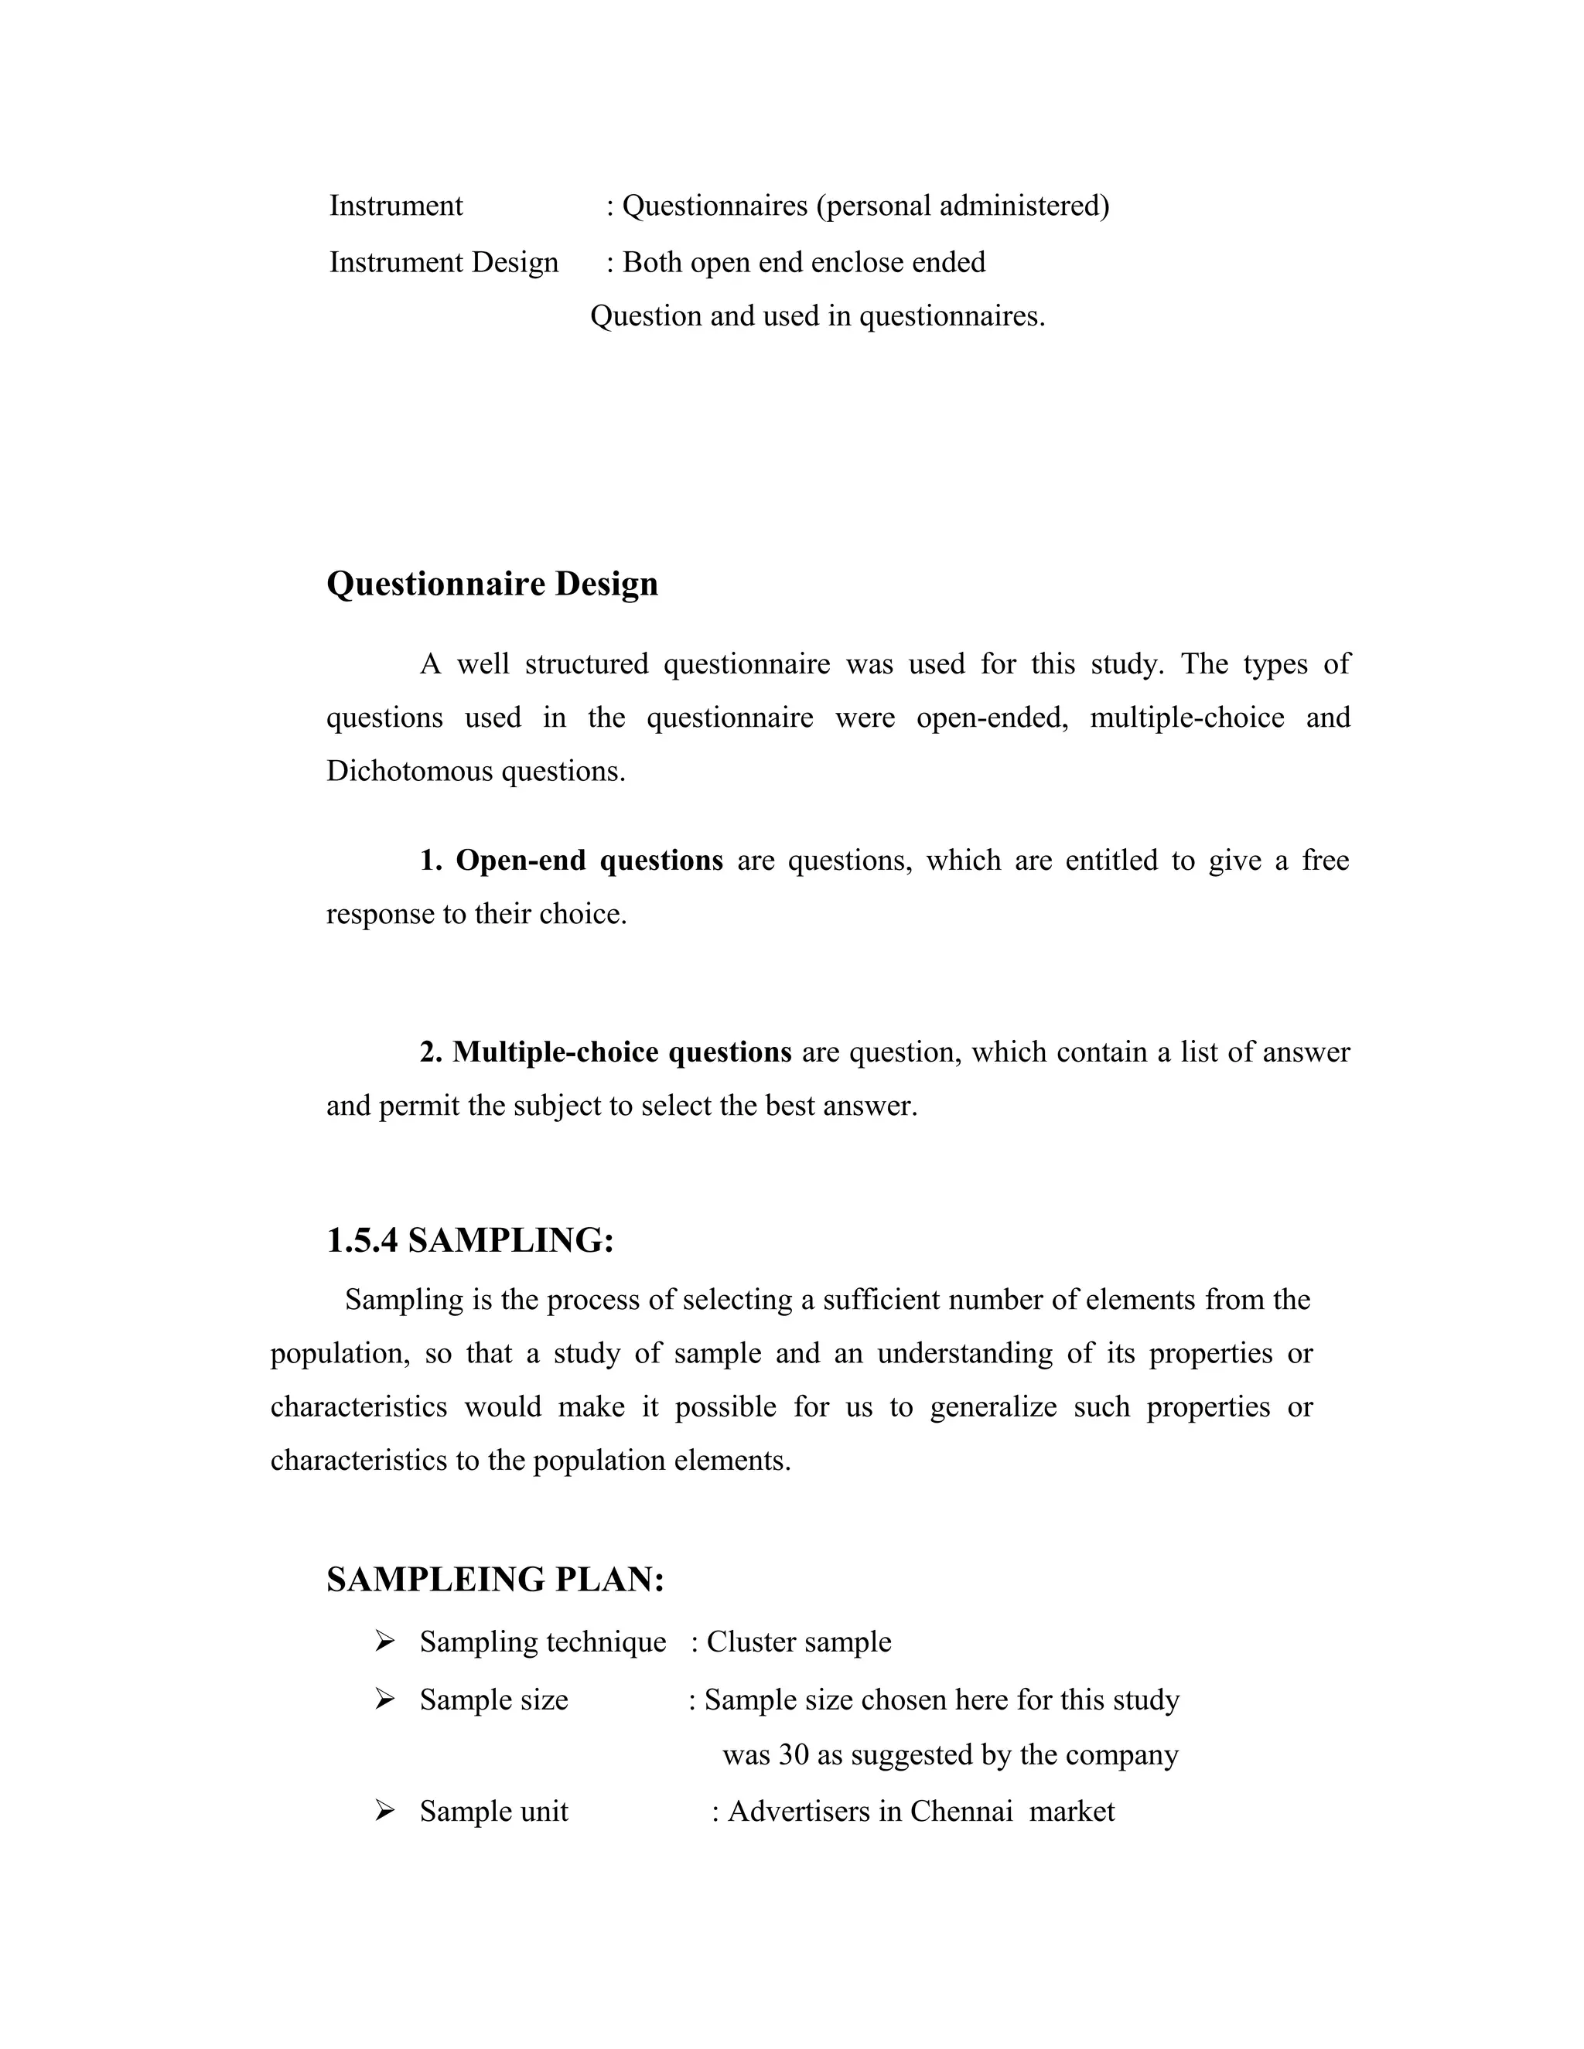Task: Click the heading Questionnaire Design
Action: click(492, 584)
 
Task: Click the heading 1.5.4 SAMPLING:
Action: click(470, 1240)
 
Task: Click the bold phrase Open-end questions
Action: click(589, 861)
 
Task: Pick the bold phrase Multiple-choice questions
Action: click(621, 1052)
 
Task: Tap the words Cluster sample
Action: click(798, 1642)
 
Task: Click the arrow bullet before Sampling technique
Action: click(384, 1641)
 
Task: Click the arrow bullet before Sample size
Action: click(384, 1698)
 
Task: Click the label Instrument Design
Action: click(443, 262)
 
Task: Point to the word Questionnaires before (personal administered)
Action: click(714, 206)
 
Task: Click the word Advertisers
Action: click(798, 1811)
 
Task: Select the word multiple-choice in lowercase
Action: click(1186, 718)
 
